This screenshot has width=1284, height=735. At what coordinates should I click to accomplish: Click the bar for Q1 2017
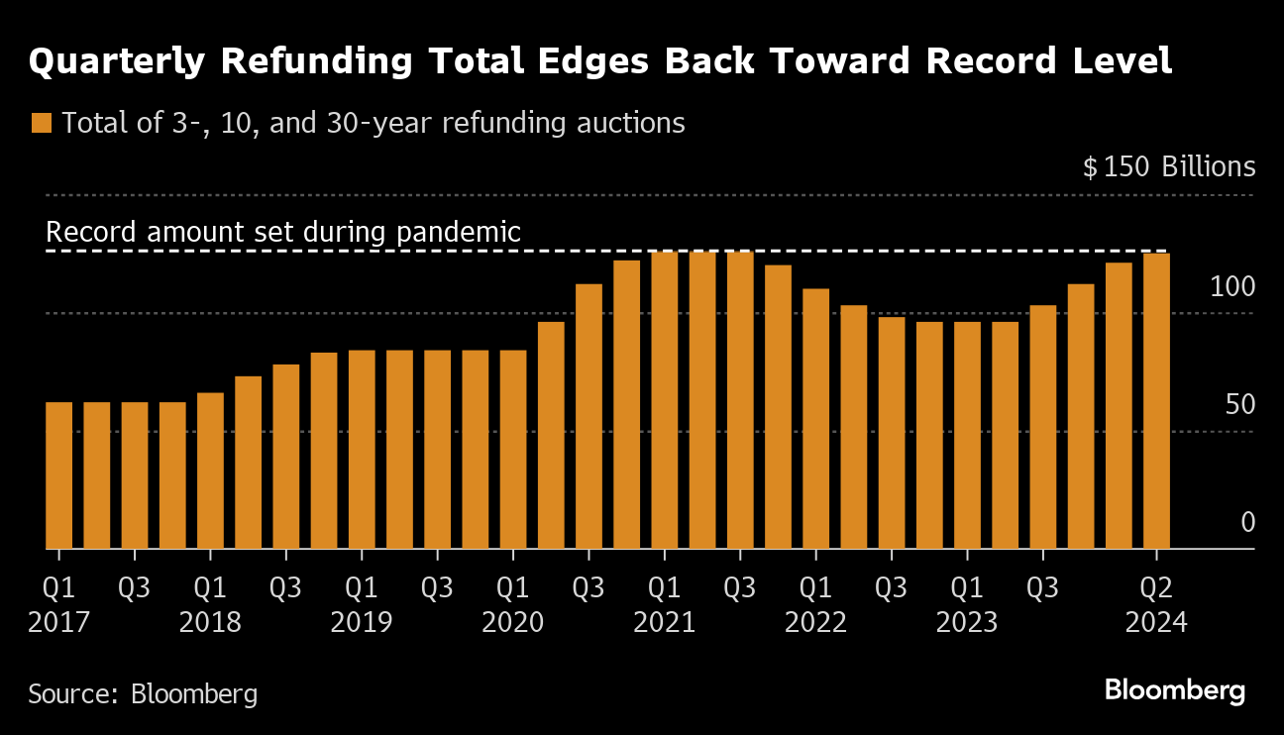(x=58, y=475)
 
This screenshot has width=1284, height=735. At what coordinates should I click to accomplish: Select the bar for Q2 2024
(x=1156, y=401)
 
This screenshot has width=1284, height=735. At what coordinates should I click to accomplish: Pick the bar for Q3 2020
(x=588, y=416)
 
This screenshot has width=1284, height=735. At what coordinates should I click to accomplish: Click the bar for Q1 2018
(x=210, y=471)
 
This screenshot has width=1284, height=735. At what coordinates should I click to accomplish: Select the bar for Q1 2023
(x=967, y=436)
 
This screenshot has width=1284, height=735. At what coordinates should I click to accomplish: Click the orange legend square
(x=41, y=124)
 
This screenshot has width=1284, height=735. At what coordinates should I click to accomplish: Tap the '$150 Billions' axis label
(x=1169, y=167)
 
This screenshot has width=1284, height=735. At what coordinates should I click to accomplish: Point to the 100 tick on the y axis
(x=1232, y=287)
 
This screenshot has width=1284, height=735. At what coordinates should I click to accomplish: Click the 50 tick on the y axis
(x=1241, y=405)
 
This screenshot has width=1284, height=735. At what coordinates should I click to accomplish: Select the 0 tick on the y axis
(x=1248, y=523)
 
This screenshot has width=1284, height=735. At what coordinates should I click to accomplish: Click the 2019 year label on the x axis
(x=362, y=623)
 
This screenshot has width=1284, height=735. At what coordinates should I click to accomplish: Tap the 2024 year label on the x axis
(x=1155, y=623)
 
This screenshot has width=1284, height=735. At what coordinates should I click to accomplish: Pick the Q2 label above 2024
(x=1155, y=588)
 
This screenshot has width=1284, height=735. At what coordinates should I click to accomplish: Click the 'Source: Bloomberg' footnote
(x=143, y=693)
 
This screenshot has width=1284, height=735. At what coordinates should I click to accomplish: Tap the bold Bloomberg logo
(x=1175, y=691)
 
